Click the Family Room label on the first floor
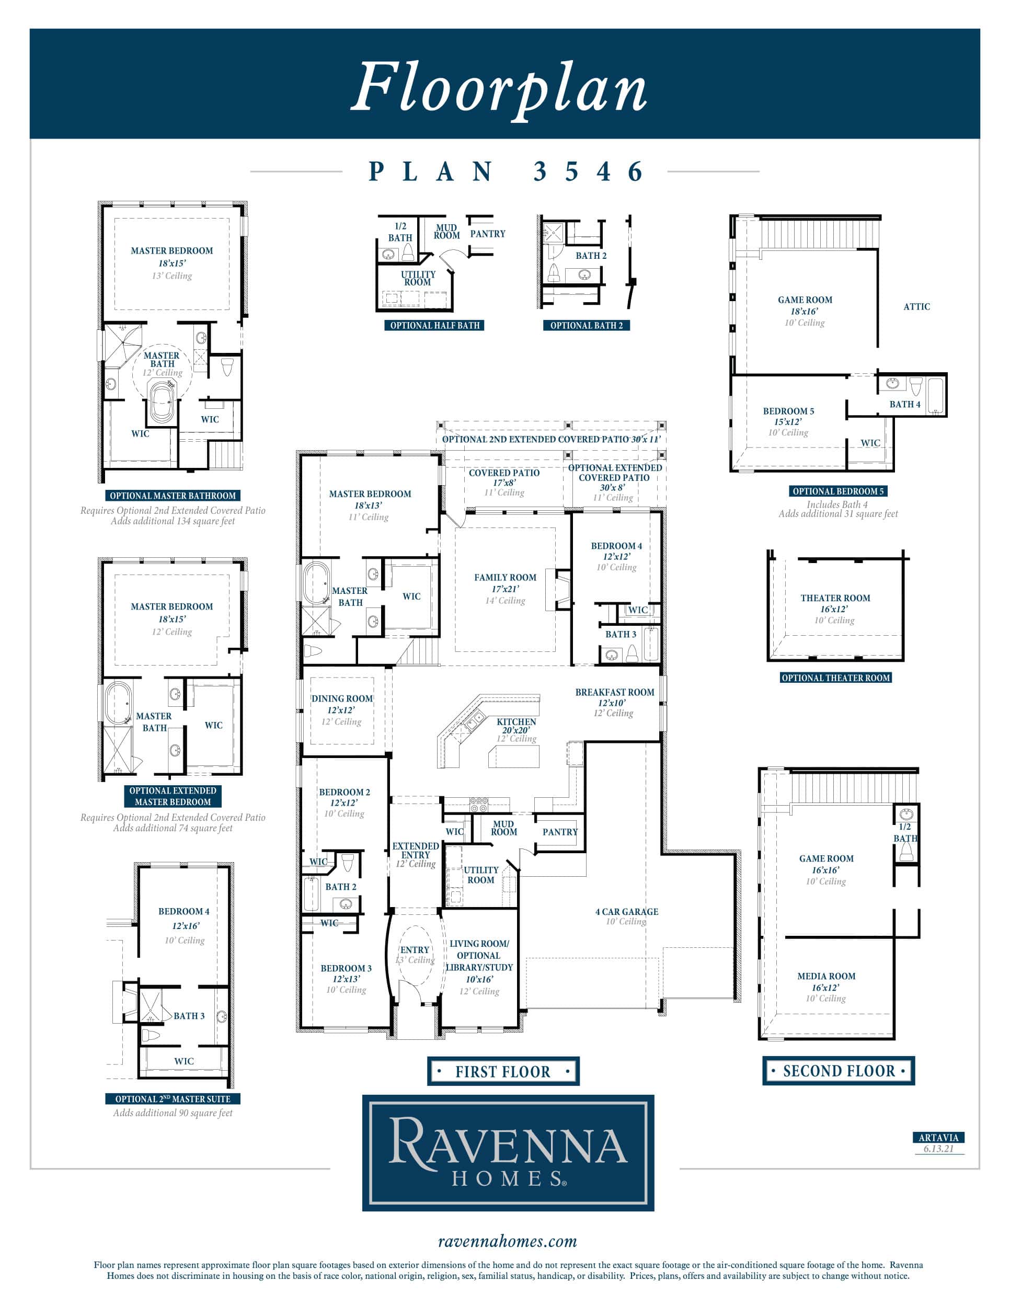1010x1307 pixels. click(x=505, y=578)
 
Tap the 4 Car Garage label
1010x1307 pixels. click(x=626, y=911)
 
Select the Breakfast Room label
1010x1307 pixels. click(x=614, y=692)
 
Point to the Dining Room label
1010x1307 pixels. click(x=342, y=698)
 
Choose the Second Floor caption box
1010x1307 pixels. click(x=839, y=1071)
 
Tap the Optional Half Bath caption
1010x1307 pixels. click(x=435, y=326)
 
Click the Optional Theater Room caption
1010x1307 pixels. click(x=836, y=678)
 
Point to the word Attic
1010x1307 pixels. click(x=916, y=306)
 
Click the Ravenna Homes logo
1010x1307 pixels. click(x=508, y=1153)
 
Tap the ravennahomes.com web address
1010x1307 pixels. click(x=508, y=1242)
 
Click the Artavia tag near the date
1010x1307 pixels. click(x=938, y=1138)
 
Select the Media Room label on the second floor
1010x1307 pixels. click(x=827, y=976)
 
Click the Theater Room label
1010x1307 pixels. click(x=835, y=598)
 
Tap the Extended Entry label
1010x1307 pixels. click(x=416, y=851)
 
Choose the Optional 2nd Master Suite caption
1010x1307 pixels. click(x=173, y=1099)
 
